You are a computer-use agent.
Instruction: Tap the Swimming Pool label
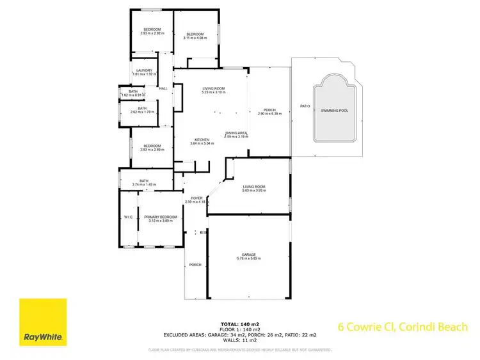point(335,111)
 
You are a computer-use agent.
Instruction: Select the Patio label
point(305,106)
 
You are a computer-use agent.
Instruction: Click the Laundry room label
point(144,70)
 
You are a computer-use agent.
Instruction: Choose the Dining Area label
point(236,132)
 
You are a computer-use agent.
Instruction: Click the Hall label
point(163,88)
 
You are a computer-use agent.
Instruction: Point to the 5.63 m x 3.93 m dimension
point(253,191)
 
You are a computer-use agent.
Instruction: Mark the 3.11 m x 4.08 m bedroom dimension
point(194,38)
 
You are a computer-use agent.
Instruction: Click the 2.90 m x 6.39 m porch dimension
point(269,114)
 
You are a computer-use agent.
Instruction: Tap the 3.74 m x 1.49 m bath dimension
point(144,185)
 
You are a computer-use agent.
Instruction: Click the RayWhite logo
point(42,322)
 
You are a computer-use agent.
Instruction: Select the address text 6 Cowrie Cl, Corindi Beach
point(403,327)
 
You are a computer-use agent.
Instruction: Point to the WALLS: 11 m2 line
point(240,341)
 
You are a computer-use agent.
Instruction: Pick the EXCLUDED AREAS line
point(240,336)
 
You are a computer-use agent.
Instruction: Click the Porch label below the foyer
point(195,265)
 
